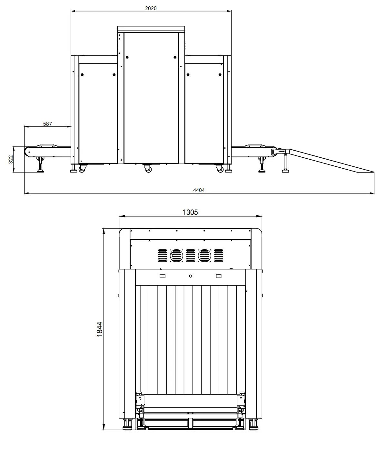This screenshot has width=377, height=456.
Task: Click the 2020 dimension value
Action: tap(151, 8)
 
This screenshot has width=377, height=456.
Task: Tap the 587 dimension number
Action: tap(47, 124)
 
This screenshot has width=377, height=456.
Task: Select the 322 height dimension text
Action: tap(11, 159)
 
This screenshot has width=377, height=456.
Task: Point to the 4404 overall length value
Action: tap(199, 190)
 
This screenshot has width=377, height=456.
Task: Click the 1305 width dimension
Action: tap(190, 212)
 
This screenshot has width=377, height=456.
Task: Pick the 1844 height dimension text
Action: tap(99, 329)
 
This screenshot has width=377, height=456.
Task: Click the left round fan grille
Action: tap(176, 255)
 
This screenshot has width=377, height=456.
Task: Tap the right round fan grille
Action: tap(204, 255)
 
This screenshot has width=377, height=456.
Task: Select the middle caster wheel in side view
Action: tap(148, 169)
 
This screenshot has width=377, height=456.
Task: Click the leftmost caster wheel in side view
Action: tap(82, 169)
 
